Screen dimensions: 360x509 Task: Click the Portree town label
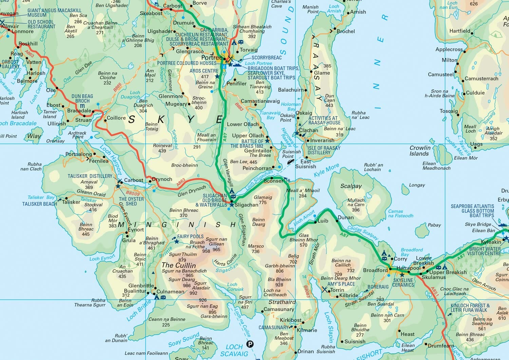[212, 57]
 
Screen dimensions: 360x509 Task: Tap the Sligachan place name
[247, 205]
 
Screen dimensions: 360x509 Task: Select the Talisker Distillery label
[90, 176]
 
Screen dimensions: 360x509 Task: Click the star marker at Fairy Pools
[176, 241]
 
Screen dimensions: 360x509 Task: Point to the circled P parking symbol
[250, 344]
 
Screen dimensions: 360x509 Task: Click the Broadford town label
[375, 270]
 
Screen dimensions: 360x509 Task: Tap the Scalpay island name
[351, 186]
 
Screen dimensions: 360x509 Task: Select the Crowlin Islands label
[420, 151]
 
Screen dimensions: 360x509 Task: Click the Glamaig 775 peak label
[263, 200]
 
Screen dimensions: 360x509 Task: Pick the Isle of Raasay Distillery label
[324, 150]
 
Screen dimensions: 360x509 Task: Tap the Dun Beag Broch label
[82, 98]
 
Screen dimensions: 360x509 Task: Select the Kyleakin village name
[491, 242]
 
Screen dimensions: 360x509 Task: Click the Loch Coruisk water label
[235, 287]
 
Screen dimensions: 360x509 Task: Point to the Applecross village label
[449, 50]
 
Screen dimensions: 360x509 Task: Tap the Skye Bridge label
[478, 224]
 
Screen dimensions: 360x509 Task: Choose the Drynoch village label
[162, 179]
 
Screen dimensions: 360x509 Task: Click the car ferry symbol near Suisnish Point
[290, 162]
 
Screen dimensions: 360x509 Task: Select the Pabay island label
[434, 225]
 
